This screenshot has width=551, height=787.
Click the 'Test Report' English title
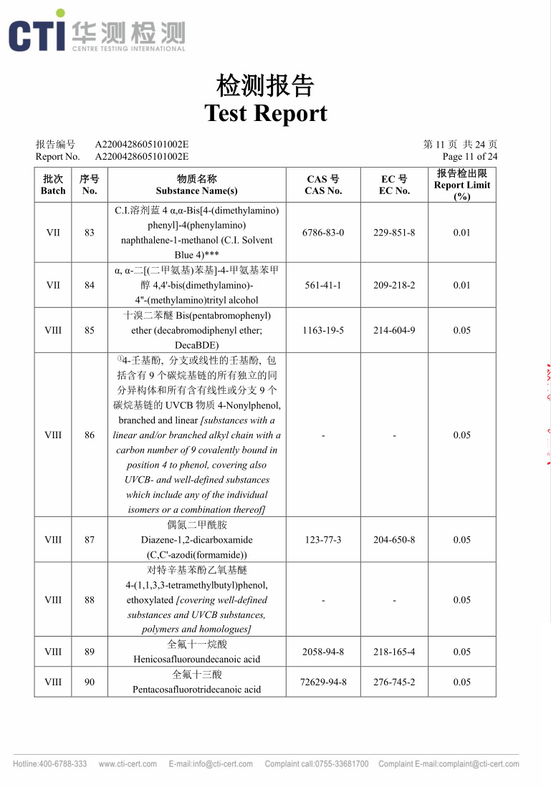[266, 113]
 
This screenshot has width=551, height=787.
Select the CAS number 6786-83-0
[323, 233]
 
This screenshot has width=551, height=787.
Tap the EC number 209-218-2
[394, 285]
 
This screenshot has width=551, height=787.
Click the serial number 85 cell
[90, 330]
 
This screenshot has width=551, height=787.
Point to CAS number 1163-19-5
[323, 330]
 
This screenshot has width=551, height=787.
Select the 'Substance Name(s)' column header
[196, 190]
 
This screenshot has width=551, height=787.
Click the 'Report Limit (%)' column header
[462, 185]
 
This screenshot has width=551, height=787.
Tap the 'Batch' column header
[53, 190]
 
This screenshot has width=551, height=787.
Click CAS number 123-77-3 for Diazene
[323, 540]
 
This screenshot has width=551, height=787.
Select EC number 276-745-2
[394, 682]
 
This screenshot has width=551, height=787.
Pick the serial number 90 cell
[90, 682]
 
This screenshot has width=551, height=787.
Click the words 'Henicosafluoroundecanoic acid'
[196, 659]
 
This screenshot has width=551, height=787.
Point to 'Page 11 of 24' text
[470, 156]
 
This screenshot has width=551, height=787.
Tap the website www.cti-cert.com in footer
[128, 764]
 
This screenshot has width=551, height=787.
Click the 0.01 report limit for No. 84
[462, 285]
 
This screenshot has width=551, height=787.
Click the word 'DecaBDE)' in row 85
[196, 345]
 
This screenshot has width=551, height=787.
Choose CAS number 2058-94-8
[323, 652]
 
